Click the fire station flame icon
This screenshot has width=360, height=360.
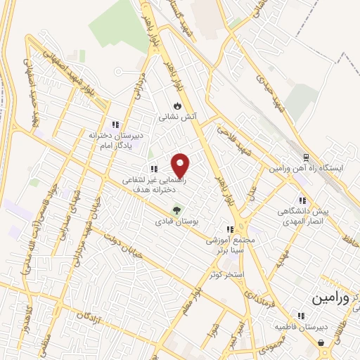click(177, 105)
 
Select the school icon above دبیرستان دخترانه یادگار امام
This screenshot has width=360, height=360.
click(116, 124)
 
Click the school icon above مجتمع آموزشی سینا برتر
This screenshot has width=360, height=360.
click(229, 229)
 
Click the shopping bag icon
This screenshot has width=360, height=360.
click(321, 344)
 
